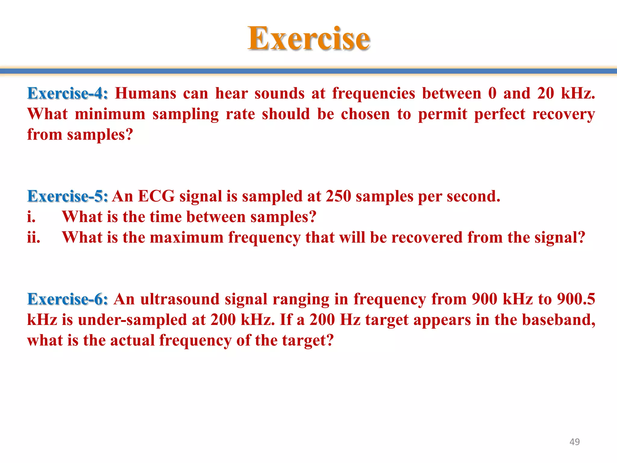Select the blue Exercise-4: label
tap(67, 93)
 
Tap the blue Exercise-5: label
tap(67, 196)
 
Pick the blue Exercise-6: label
tap(67, 299)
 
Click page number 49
tap(575, 442)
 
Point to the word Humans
tap(146, 93)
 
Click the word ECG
tap(156, 196)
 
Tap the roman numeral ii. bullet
tap(33, 237)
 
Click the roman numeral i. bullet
tap(31, 217)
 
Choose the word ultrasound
tap(180, 299)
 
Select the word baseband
tap(559, 320)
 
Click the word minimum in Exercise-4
tap(110, 114)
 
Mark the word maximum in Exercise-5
tap(186, 237)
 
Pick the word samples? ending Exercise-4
tap(100, 135)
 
